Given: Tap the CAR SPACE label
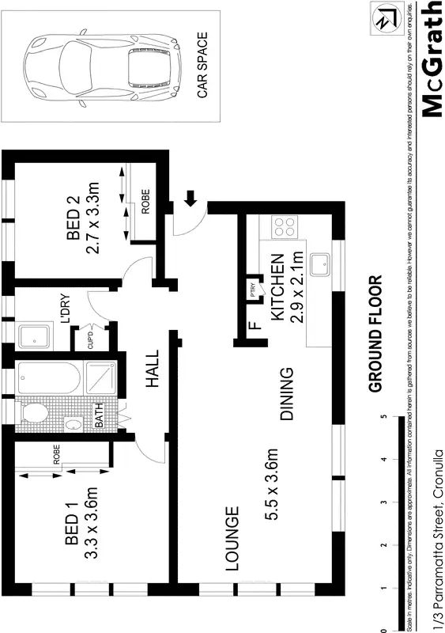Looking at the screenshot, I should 202,64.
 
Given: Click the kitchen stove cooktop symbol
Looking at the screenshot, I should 285,227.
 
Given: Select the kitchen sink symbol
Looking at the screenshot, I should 321,264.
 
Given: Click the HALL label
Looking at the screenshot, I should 153,369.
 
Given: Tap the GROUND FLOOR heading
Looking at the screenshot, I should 375,333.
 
